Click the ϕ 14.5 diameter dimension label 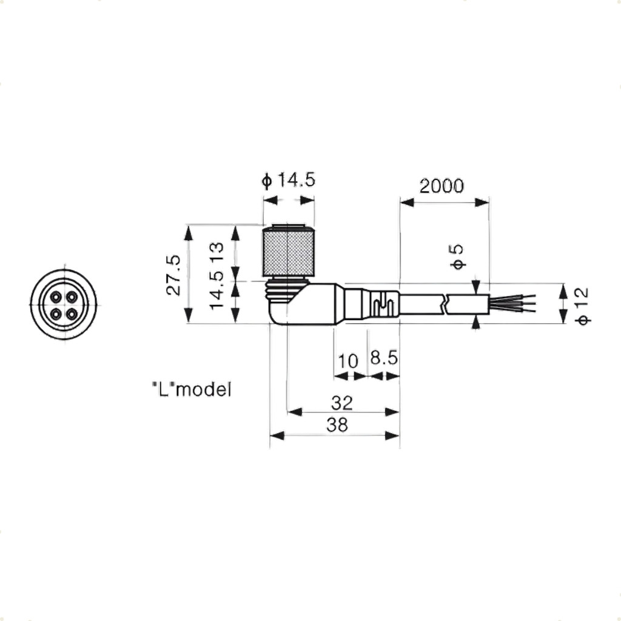coord(288,180)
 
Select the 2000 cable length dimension coord(441,186)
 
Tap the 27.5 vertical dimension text coord(173,275)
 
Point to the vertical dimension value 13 coord(217,250)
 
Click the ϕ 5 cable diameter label coord(457,257)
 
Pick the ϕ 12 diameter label coord(582,306)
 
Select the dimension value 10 coord(347,361)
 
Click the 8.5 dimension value coord(384,358)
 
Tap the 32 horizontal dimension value coord(342,403)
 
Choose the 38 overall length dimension coord(337,425)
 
